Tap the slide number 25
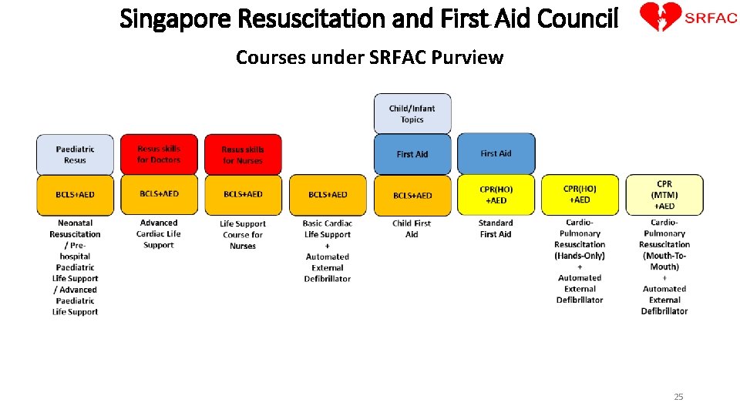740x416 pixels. [678, 397]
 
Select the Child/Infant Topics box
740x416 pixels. [412, 114]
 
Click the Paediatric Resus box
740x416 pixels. [76, 154]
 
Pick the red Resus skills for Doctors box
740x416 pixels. [159, 154]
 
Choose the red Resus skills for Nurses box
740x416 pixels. [243, 154]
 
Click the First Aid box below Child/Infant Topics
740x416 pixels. [412, 154]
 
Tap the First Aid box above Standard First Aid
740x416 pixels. [496, 153]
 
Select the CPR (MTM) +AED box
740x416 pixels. [664, 195]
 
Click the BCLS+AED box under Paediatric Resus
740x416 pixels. [76, 195]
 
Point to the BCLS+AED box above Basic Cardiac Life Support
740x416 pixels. [328, 195]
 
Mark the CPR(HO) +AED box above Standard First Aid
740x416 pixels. [496, 195]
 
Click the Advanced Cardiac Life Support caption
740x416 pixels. [159, 234]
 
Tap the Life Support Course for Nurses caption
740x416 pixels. [243, 235]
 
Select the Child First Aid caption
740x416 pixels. [412, 229]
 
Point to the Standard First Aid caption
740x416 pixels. [496, 229]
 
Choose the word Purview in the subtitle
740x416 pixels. [470, 58]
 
